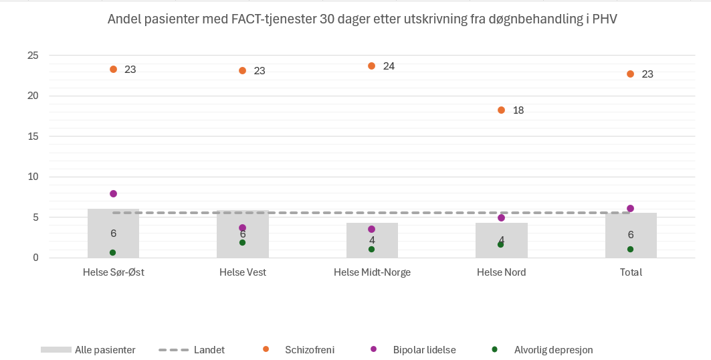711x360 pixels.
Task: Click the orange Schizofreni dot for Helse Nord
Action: click(x=501, y=110)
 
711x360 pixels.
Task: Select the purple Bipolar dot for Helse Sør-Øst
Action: click(x=113, y=193)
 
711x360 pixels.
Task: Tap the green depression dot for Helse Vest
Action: click(x=243, y=242)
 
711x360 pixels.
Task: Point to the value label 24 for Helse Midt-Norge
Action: click(x=389, y=66)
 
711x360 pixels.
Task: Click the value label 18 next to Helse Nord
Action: click(x=518, y=110)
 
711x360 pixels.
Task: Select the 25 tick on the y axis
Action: click(x=33, y=56)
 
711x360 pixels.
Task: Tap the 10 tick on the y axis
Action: click(x=33, y=177)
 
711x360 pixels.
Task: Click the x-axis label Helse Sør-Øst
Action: click(x=113, y=272)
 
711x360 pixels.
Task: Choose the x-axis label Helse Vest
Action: click(x=243, y=272)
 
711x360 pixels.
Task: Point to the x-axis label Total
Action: click(x=631, y=272)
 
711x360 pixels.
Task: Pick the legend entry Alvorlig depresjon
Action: click(x=553, y=349)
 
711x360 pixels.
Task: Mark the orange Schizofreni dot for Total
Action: click(x=630, y=74)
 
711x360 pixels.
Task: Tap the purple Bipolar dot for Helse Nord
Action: click(x=501, y=217)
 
